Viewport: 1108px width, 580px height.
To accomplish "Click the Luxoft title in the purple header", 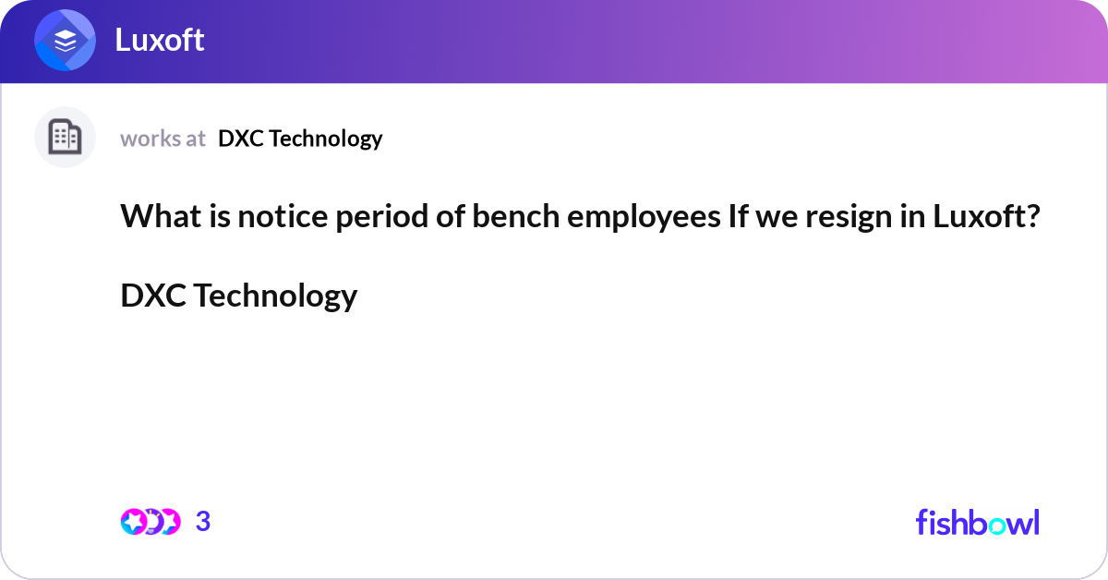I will pyautogui.click(x=159, y=40).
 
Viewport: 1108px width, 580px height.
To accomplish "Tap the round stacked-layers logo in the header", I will pyautogui.click(x=65, y=41).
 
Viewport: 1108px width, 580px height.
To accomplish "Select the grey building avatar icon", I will pyautogui.click(x=65, y=138).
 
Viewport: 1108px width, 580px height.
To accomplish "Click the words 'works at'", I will pyautogui.click(x=163, y=139).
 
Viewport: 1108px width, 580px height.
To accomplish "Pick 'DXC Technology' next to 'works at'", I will pyautogui.click(x=300, y=139).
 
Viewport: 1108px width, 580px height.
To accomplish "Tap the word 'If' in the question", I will pyautogui.click(x=729, y=217).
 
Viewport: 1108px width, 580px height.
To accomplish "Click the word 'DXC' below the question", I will pyautogui.click(x=153, y=296).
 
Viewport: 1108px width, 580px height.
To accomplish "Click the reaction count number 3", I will pyautogui.click(x=203, y=522).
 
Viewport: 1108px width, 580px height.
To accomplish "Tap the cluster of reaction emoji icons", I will pyautogui.click(x=150, y=522).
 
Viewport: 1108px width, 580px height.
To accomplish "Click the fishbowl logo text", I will pyautogui.click(x=977, y=522).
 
